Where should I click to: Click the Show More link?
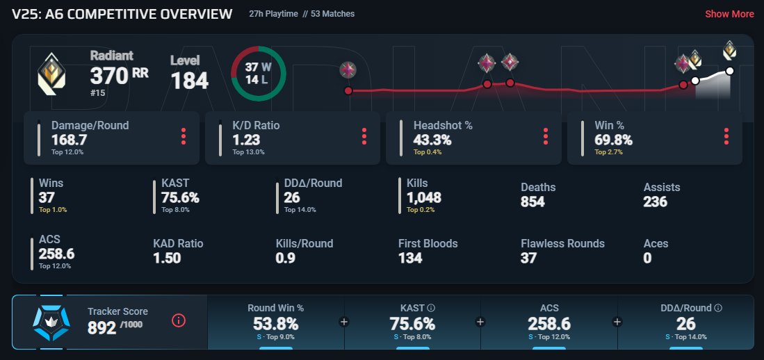point(729,14)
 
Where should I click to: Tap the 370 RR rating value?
point(119,76)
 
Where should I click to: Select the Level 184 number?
point(189,81)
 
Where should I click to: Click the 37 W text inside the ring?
point(258,67)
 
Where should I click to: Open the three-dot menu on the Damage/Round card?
point(184,136)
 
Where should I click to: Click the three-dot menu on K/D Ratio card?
point(364,136)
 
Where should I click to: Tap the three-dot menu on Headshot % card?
point(546,136)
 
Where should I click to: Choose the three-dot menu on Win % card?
point(726,136)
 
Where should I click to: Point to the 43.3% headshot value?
point(432,140)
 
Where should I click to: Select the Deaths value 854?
point(533,202)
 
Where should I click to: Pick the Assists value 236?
point(656,202)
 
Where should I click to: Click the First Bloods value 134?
point(411,259)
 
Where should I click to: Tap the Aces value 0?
point(647,259)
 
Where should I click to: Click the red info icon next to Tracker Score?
point(179,320)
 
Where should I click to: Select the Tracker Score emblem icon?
point(51,322)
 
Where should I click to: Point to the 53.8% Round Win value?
point(275,324)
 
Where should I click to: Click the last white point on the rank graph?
point(729,71)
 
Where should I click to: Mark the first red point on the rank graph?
point(348,91)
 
